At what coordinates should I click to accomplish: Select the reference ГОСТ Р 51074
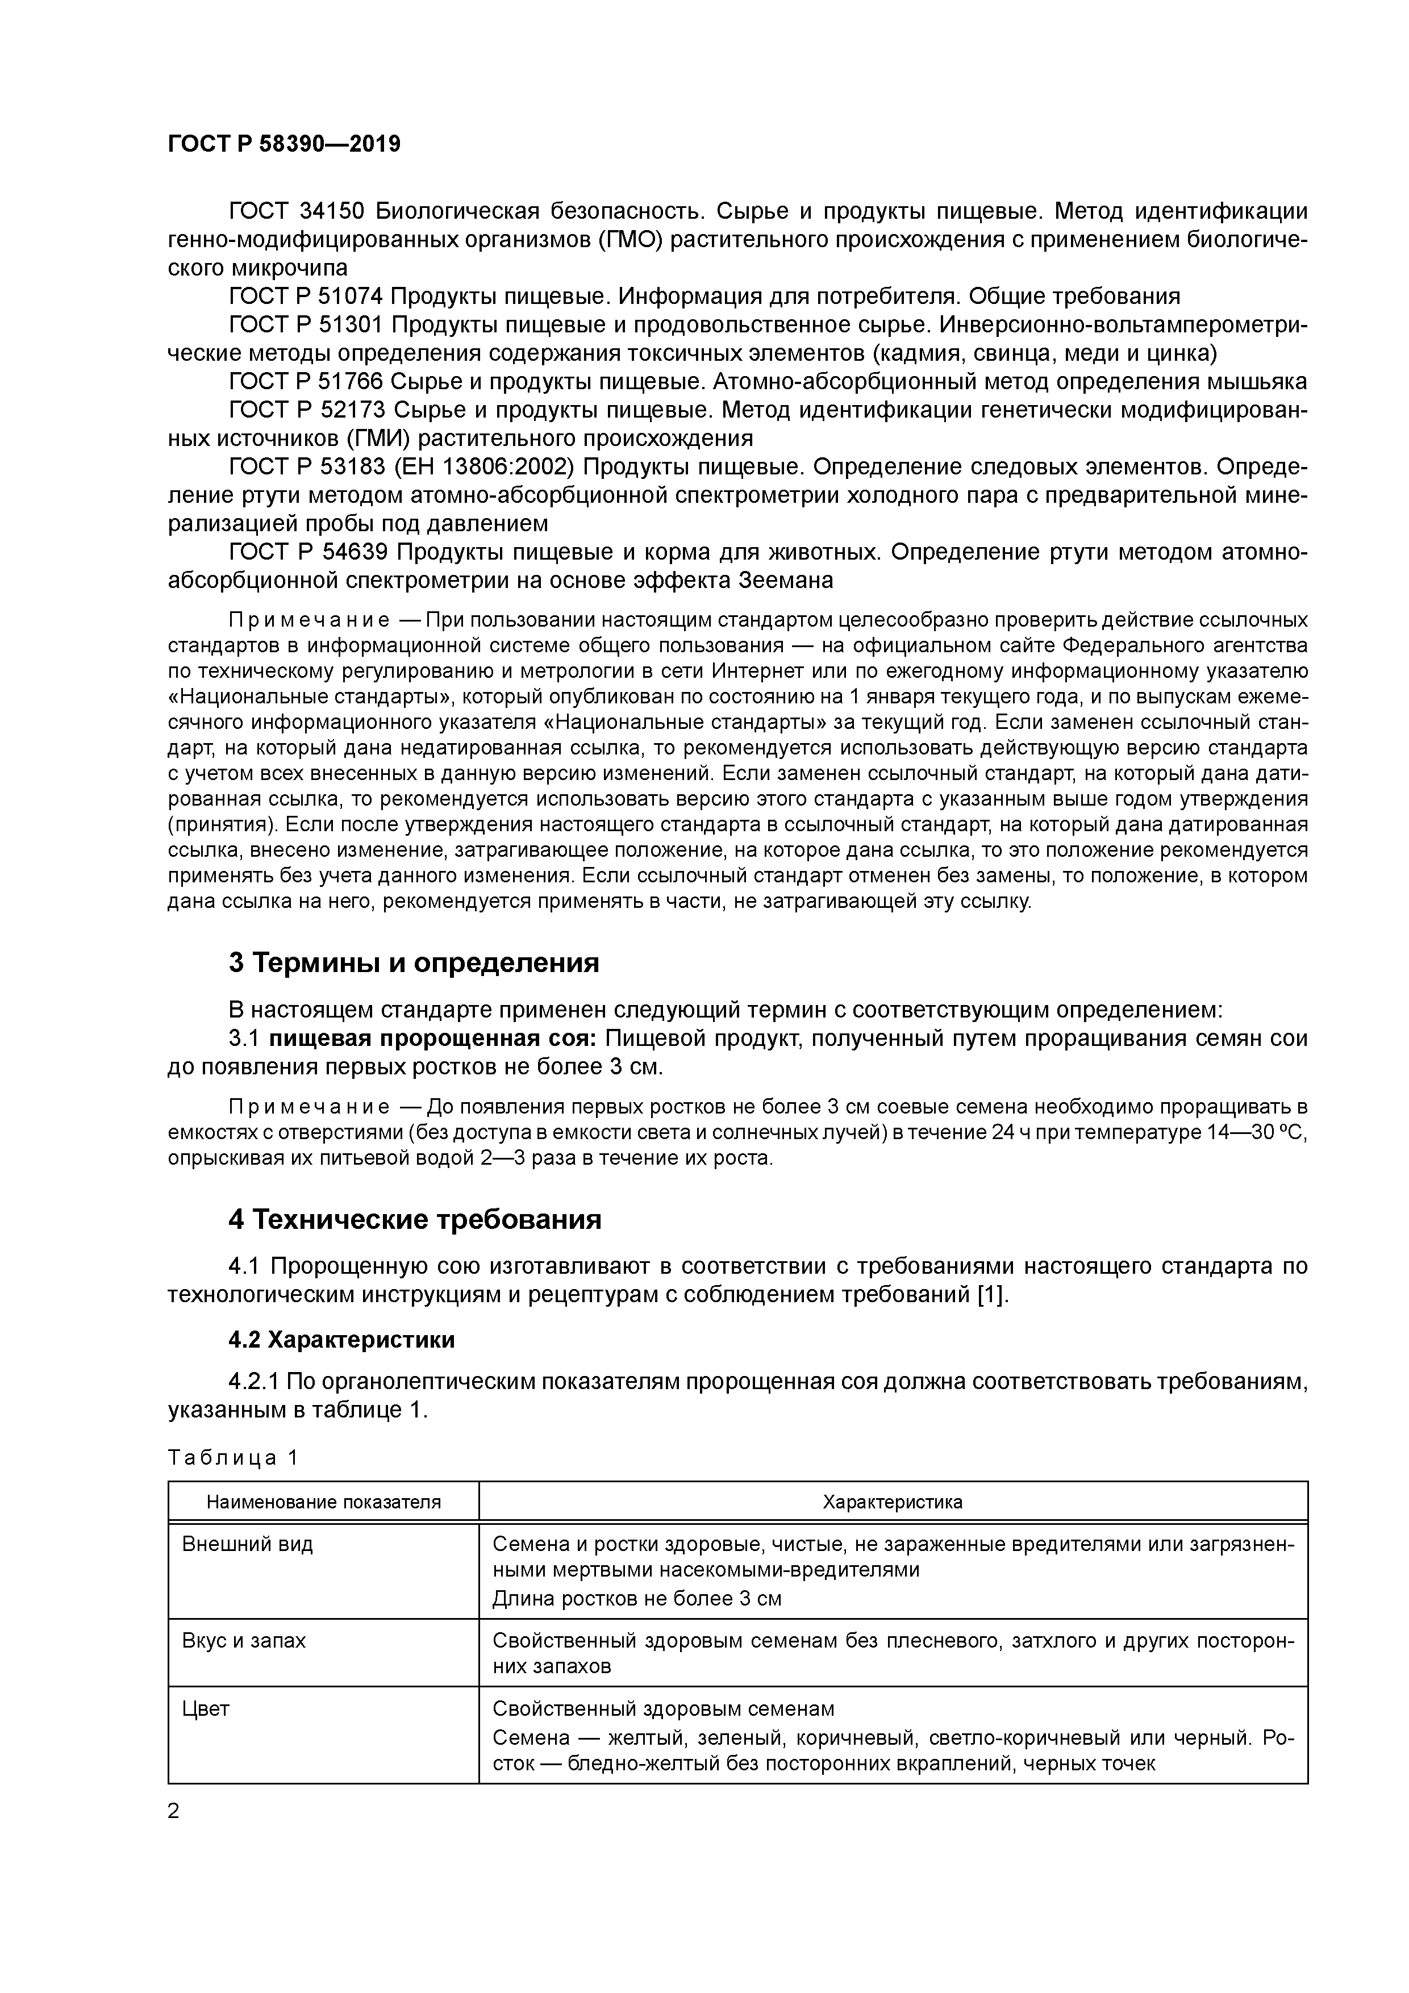[306, 297]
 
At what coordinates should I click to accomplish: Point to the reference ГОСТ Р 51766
[306, 382]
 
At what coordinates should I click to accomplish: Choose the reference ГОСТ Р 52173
[306, 410]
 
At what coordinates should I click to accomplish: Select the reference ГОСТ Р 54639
[306, 552]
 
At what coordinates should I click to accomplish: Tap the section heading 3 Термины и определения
[414, 962]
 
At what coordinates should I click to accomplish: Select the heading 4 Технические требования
[414, 1220]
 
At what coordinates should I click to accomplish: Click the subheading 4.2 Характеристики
[341, 1340]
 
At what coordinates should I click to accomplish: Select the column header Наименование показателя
[323, 1502]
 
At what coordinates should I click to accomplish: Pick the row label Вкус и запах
[244, 1641]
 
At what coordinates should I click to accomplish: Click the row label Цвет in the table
[206, 1709]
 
